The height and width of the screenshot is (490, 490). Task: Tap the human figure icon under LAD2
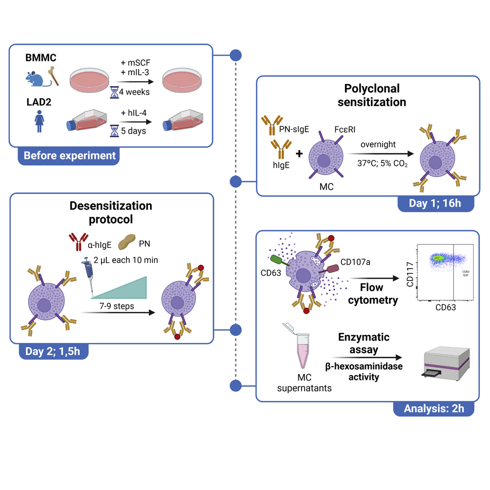tap(38, 121)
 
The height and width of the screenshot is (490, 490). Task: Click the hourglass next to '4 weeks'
tap(114, 91)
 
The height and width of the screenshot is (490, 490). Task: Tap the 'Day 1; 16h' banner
tap(435, 203)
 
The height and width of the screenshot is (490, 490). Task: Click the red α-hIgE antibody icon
tap(76, 242)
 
